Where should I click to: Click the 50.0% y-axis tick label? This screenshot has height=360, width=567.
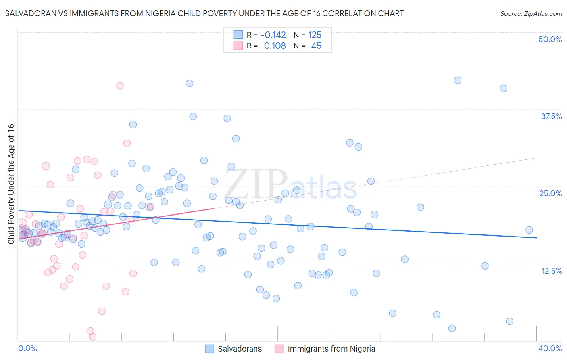click(550, 40)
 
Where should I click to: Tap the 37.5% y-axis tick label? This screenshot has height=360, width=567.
click(551, 117)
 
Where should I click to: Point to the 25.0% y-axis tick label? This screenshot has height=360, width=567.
click(550, 194)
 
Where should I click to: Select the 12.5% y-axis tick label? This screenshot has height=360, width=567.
click(551, 271)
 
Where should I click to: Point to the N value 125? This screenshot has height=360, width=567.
click(315, 35)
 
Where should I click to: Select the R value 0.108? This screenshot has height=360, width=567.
click(275, 46)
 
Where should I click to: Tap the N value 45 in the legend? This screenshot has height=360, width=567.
click(316, 46)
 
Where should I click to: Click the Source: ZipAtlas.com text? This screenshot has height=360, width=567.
click(531, 14)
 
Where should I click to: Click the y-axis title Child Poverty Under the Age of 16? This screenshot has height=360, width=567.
click(11, 184)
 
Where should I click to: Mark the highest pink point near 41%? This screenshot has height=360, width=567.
click(120, 86)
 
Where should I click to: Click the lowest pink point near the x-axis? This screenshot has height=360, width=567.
click(93, 337)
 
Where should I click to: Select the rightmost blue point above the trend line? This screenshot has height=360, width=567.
click(529, 230)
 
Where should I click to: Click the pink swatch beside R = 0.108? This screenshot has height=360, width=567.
click(238, 46)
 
